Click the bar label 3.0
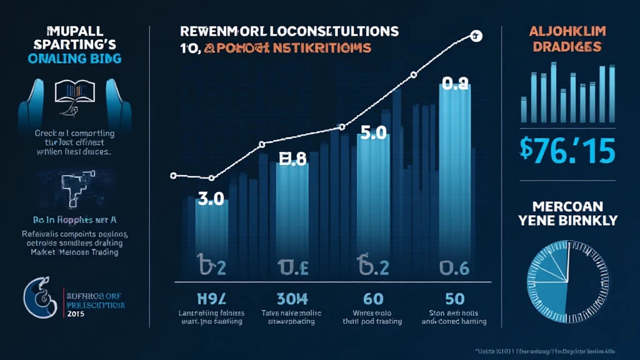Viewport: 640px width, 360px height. pyautogui.click(x=211, y=200)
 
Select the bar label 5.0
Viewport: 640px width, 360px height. pyautogui.click(x=373, y=134)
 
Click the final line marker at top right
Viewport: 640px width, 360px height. pyautogui.click(x=476, y=37)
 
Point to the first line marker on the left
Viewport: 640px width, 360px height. pyautogui.click(x=174, y=176)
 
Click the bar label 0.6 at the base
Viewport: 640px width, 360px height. pyautogui.click(x=454, y=268)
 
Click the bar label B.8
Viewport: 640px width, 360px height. pyautogui.click(x=292, y=160)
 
